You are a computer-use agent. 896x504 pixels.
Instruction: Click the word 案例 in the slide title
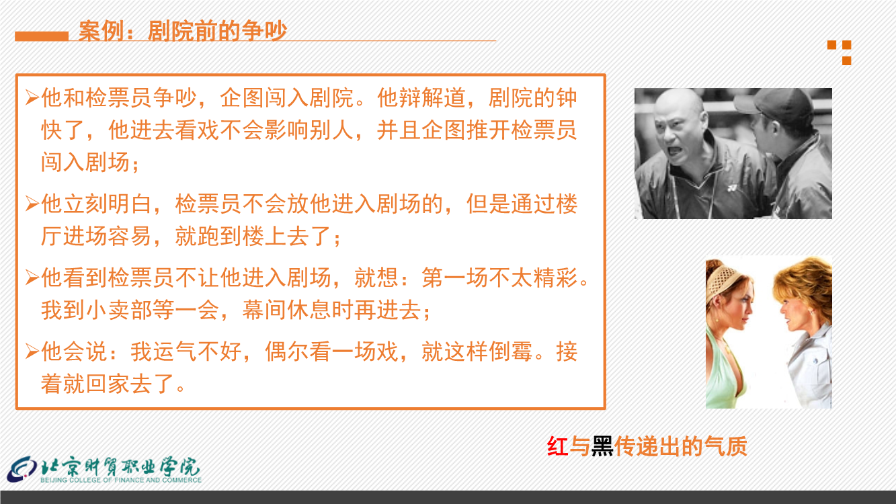coord(101,31)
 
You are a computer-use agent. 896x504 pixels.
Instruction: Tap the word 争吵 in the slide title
coord(264,31)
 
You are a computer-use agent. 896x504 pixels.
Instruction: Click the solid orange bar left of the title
coord(42,36)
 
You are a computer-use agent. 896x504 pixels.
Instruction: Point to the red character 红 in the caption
coord(558,446)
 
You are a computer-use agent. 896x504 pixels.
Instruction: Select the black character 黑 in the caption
coord(603,446)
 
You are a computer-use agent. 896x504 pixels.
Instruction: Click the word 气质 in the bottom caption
coord(725,446)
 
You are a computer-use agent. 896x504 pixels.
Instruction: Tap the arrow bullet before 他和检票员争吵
coord(32,97)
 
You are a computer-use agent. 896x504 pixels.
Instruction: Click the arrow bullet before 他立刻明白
coord(32,204)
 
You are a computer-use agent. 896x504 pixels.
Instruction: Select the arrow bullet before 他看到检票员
coord(32,278)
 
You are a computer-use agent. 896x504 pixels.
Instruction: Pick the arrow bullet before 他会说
coord(32,351)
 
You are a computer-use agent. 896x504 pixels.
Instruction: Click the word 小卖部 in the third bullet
coord(119,310)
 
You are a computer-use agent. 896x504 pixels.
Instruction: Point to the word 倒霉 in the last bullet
coord(510,351)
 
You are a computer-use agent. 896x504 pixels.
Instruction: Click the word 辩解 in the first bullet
coord(421,97)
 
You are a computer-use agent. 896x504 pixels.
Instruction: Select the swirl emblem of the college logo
coord(22,470)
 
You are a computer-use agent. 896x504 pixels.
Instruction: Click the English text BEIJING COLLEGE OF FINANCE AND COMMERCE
coord(121,480)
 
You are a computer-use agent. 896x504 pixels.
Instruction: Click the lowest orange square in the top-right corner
coord(846,60)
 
